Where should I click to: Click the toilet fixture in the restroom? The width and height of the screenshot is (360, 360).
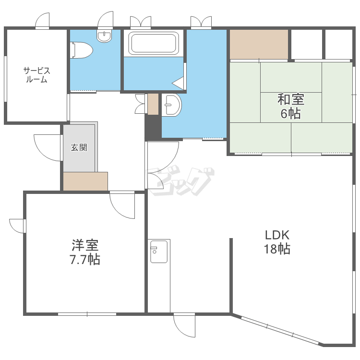tap(82, 50)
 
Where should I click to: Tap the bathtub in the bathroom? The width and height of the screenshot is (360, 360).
tap(154, 43)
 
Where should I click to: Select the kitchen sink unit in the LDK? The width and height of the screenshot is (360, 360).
tap(159, 251)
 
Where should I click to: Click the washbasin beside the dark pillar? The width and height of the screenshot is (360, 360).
tap(171, 105)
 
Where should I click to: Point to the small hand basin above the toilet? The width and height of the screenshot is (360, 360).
tap(104, 36)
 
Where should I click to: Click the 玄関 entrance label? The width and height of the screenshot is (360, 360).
tap(79, 147)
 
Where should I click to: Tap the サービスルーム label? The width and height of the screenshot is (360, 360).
tap(37, 75)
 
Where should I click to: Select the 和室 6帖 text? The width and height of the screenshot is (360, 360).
tap(291, 106)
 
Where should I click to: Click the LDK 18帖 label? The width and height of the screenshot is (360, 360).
tap(277, 242)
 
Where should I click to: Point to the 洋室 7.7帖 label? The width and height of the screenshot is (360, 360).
tap(85, 252)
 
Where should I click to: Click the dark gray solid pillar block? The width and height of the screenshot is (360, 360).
tap(153, 127)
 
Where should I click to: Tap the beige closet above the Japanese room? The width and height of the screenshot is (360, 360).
tap(259, 44)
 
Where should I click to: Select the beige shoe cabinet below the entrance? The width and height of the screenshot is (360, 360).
tap(85, 181)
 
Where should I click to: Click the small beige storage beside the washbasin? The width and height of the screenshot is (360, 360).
tap(153, 104)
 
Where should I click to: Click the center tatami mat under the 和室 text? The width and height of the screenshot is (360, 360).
tap(291, 108)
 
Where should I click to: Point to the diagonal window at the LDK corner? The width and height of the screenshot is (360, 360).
tap(280, 330)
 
